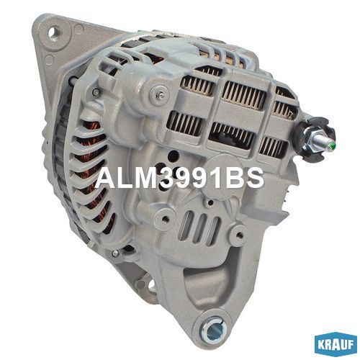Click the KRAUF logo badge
tap(336, 344)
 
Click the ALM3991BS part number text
tap(179, 179)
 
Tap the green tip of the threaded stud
tap(332, 145)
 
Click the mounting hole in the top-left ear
tap(54, 32)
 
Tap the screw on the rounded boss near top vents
tap(160, 96)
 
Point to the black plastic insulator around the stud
tap(315, 140)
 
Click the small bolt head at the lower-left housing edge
tap(115, 253)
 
